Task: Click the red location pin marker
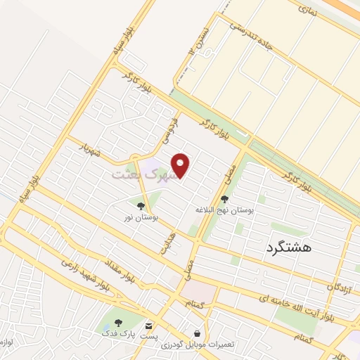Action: [181, 165]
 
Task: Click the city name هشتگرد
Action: [289, 247]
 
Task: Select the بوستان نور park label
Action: [141, 219]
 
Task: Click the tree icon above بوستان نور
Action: [141, 206]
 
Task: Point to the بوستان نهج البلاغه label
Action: [224, 210]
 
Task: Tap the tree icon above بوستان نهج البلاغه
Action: [224, 199]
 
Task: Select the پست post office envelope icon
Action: [148, 326]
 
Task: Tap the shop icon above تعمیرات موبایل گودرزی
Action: [196, 333]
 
